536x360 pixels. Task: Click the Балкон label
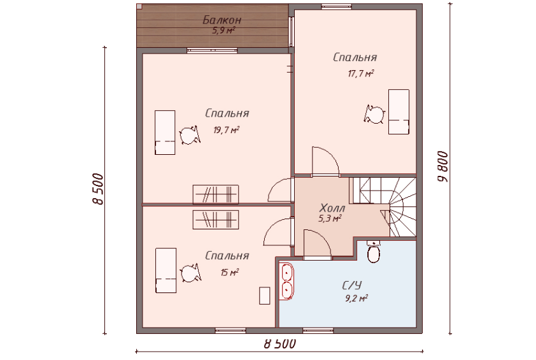pyautogui.click(x=222, y=20)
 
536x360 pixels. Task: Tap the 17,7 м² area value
pyautogui.click(x=361, y=73)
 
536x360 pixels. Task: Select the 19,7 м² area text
pyautogui.click(x=226, y=130)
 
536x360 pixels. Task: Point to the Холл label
pyautogui.click(x=332, y=208)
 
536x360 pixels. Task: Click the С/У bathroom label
pyautogui.click(x=352, y=285)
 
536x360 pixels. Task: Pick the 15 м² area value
pyautogui.click(x=229, y=273)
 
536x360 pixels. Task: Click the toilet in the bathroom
pyautogui.click(x=374, y=252)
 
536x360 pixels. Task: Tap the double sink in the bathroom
pyautogui.click(x=286, y=281)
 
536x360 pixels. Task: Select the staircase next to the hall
pyautogui.click(x=383, y=207)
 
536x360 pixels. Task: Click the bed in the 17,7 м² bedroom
pyautogui.click(x=398, y=112)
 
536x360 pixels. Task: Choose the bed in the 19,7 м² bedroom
pyautogui.click(x=165, y=133)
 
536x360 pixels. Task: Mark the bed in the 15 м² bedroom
pyautogui.click(x=166, y=271)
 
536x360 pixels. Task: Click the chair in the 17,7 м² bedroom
pyautogui.click(x=375, y=114)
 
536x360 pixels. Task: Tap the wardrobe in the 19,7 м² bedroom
pyautogui.click(x=216, y=194)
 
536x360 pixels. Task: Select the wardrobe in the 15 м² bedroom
pyautogui.click(x=216, y=220)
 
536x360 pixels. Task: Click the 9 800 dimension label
pyautogui.click(x=443, y=167)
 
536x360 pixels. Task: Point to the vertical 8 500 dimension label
pyautogui.click(x=98, y=189)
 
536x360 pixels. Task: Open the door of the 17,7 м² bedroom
pyautogui.click(x=325, y=161)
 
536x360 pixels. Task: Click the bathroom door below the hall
pyautogui.click(x=317, y=243)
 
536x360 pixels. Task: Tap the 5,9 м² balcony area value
pyautogui.click(x=224, y=31)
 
